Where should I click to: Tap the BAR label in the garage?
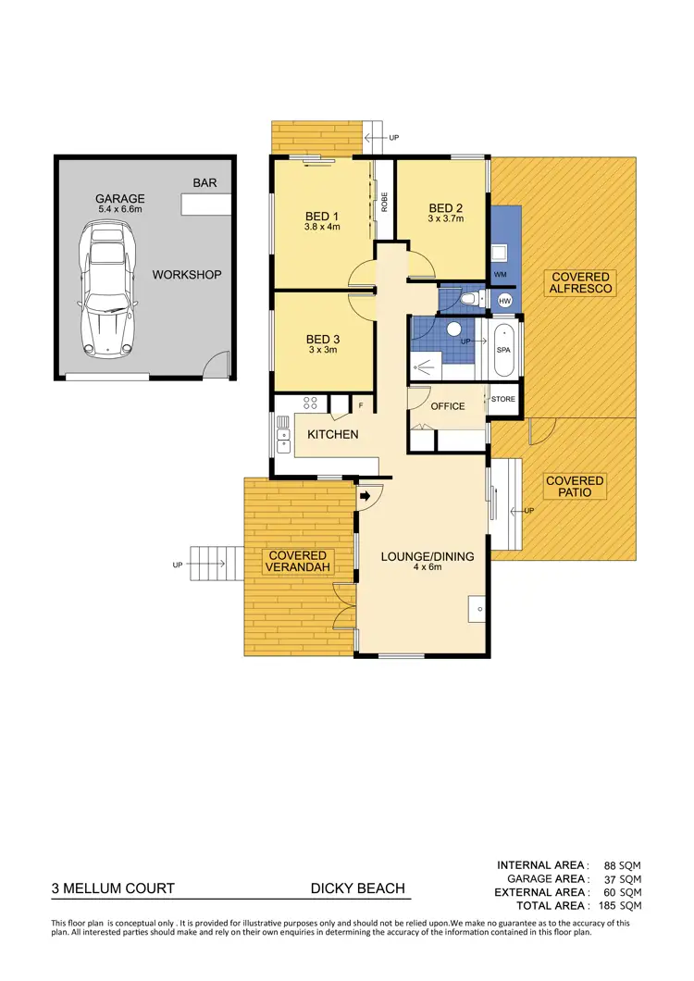pyautogui.click(x=204, y=183)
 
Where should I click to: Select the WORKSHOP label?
pyautogui.click(x=187, y=275)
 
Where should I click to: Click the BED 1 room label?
pyautogui.click(x=323, y=217)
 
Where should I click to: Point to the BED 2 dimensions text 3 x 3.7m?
pyautogui.click(x=445, y=219)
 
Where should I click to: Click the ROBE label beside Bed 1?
pyautogui.click(x=384, y=202)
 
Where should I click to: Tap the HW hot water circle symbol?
pyautogui.click(x=505, y=302)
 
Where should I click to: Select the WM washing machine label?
pyautogui.click(x=501, y=275)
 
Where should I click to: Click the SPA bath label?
pyautogui.click(x=503, y=351)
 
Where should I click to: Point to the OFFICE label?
pyautogui.click(x=448, y=406)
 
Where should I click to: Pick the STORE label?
pyautogui.click(x=503, y=400)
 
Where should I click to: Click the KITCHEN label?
pyautogui.click(x=332, y=434)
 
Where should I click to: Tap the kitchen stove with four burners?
pyautogui.click(x=311, y=403)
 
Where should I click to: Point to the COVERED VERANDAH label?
pyautogui.click(x=298, y=561)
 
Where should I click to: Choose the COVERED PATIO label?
pyautogui.click(x=574, y=487)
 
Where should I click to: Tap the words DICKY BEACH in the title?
pyautogui.click(x=357, y=888)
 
